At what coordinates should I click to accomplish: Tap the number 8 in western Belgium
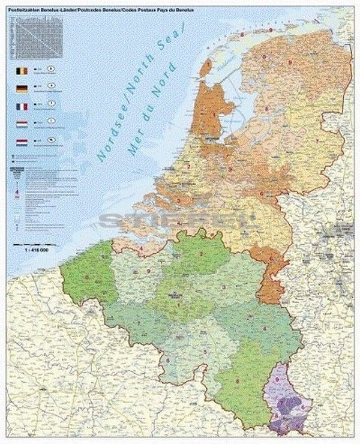coord(89,277)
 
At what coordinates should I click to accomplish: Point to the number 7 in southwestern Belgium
coord(139,325)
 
